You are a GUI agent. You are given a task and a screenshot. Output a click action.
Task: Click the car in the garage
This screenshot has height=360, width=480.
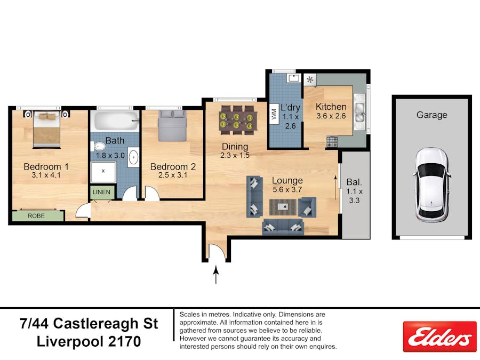click(432, 185)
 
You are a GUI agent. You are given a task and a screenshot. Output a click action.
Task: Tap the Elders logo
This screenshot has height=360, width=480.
click(439, 337)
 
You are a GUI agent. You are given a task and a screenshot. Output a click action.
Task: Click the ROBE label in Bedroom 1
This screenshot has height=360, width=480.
click(37, 216)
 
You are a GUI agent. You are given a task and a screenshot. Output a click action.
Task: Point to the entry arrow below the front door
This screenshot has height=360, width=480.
click(216, 275)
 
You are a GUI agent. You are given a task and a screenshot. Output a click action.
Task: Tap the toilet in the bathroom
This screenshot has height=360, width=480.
click(99, 147)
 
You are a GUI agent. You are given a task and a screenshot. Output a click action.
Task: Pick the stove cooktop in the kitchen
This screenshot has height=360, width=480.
click(332, 142)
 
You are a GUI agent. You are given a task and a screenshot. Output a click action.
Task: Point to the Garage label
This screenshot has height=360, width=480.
click(432, 115)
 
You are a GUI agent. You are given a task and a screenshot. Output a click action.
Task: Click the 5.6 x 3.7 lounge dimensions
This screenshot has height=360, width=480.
click(287, 189)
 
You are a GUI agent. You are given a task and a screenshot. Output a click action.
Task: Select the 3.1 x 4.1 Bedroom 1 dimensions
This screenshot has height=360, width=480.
click(46, 175)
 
